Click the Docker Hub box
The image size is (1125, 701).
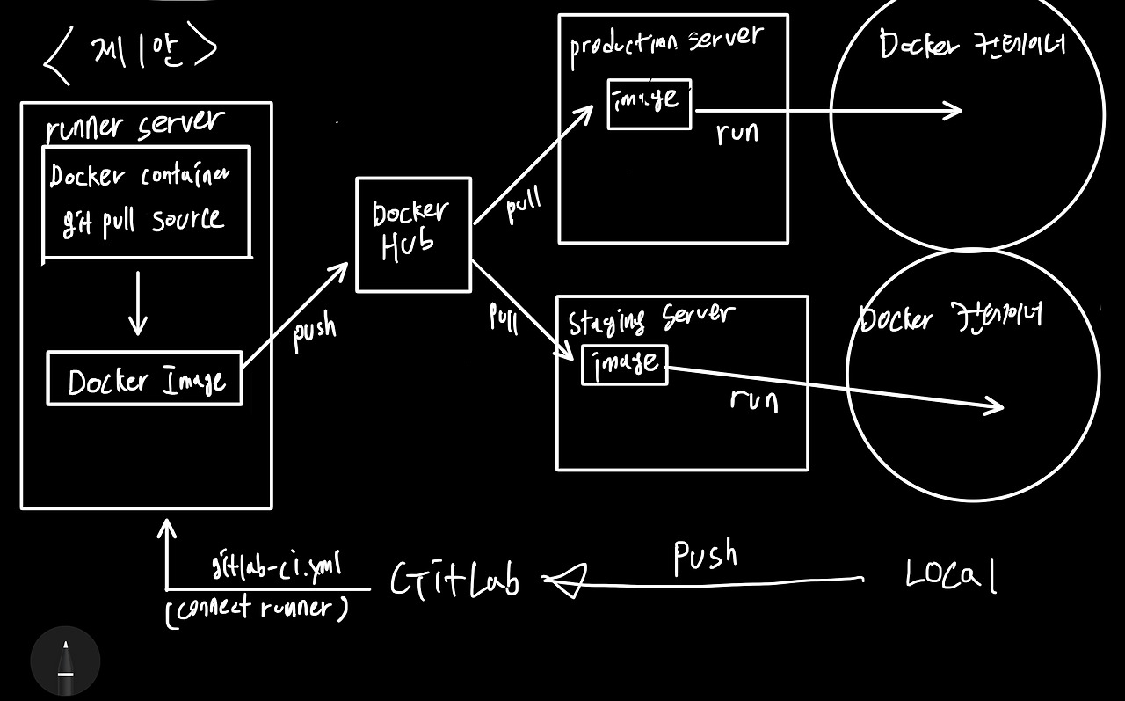click(x=413, y=234)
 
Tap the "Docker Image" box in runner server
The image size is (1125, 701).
click(x=144, y=379)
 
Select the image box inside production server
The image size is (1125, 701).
click(x=649, y=103)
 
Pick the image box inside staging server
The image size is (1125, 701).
click(x=625, y=364)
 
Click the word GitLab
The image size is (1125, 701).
click(x=454, y=581)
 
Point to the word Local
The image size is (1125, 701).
click(x=951, y=576)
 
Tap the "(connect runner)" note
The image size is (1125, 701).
click(x=256, y=608)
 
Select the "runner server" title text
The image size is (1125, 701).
click(x=135, y=125)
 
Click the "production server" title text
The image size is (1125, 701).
click(x=666, y=45)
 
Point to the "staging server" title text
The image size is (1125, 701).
click(x=651, y=319)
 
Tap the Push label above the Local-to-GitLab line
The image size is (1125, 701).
click(x=705, y=557)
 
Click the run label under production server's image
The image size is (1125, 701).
click(x=737, y=133)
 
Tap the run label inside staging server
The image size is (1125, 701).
click(x=754, y=400)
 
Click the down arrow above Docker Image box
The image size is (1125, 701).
click(x=137, y=303)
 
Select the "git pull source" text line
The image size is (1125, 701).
click(x=142, y=220)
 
